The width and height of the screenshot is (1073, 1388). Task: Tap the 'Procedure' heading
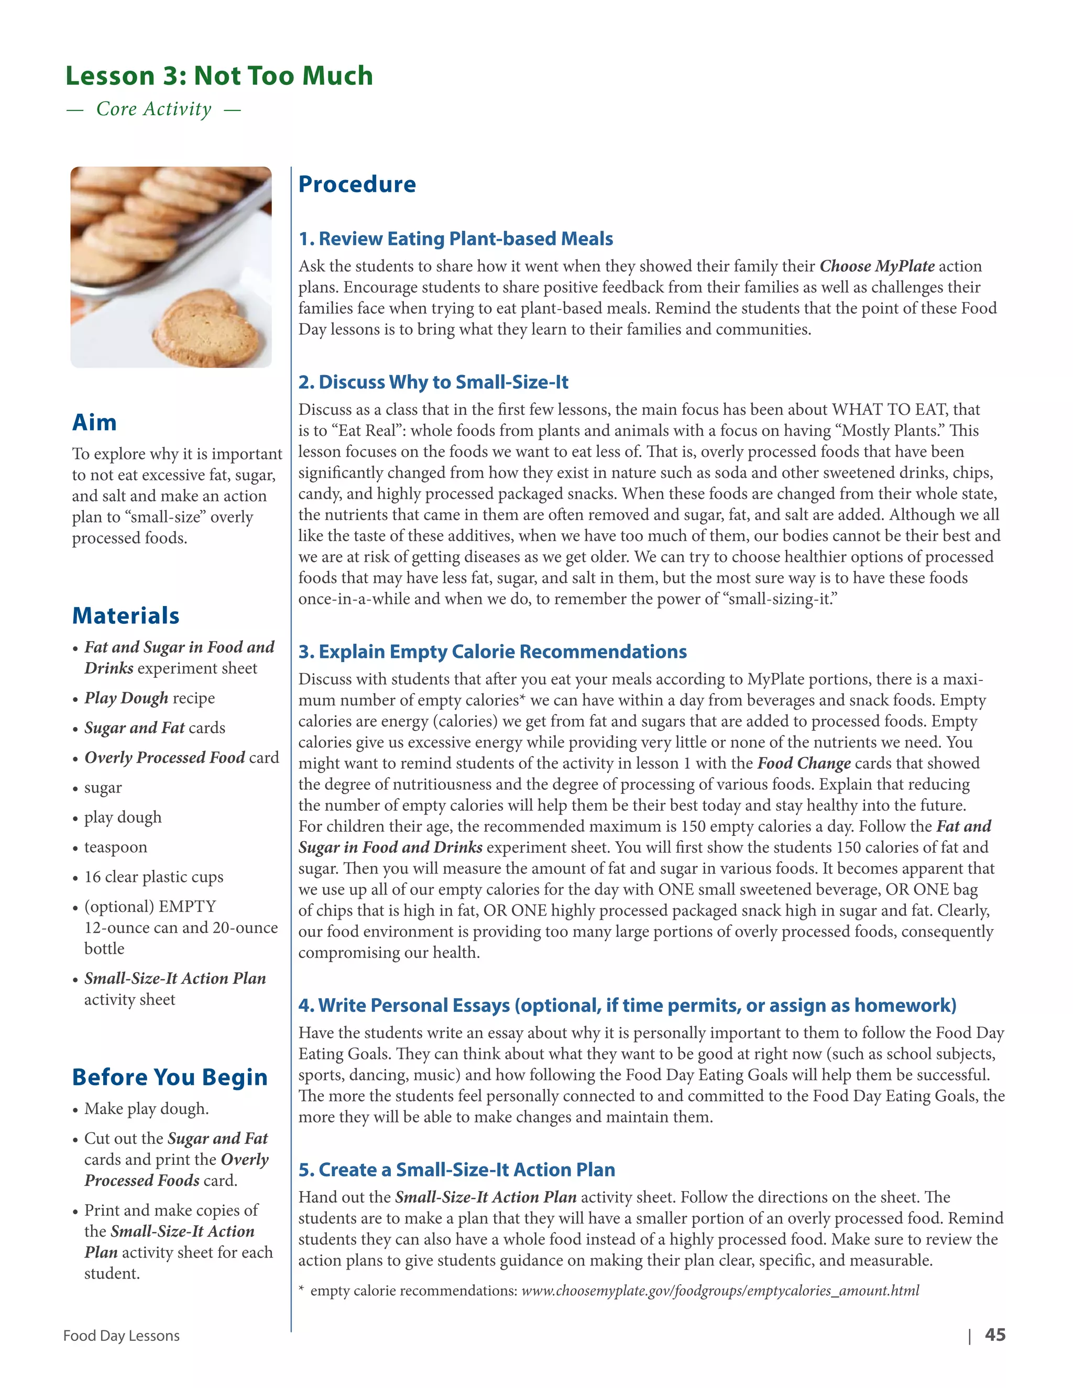click(x=357, y=184)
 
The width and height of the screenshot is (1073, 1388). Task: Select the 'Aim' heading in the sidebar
click(x=94, y=423)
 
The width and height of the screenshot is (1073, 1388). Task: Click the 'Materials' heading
click(x=125, y=615)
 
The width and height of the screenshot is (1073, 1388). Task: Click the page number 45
click(x=994, y=1335)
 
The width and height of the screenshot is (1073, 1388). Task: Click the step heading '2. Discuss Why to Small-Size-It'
click(x=433, y=382)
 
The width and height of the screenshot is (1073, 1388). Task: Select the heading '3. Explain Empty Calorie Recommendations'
click(x=492, y=652)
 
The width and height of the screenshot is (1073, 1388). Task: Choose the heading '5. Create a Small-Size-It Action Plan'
click(x=456, y=1170)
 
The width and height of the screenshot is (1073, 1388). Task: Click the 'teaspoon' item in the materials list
click(x=115, y=847)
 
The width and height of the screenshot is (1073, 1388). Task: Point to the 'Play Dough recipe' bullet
click(x=149, y=698)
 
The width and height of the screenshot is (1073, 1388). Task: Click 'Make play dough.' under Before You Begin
click(x=146, y=1109)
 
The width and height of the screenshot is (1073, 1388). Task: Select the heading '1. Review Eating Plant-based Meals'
click(x=455, y=238)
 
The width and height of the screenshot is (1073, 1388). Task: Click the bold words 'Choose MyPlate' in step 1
click(x=877, y=266)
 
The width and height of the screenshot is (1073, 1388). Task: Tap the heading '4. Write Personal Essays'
click(x=627, y=1006)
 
